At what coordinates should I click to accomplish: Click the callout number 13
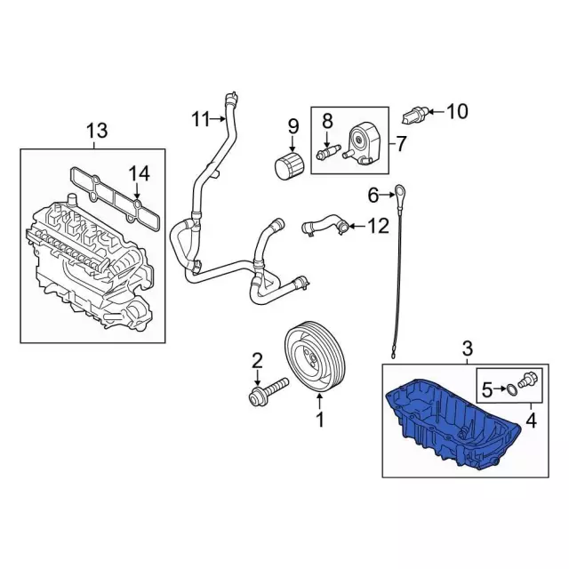click(97, 131)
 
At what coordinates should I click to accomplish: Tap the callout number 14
click(140, 174)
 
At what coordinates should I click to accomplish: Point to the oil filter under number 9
click(289, 166)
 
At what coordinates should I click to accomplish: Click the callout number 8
click(327, 121)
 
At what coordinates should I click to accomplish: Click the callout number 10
click(457, 111)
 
